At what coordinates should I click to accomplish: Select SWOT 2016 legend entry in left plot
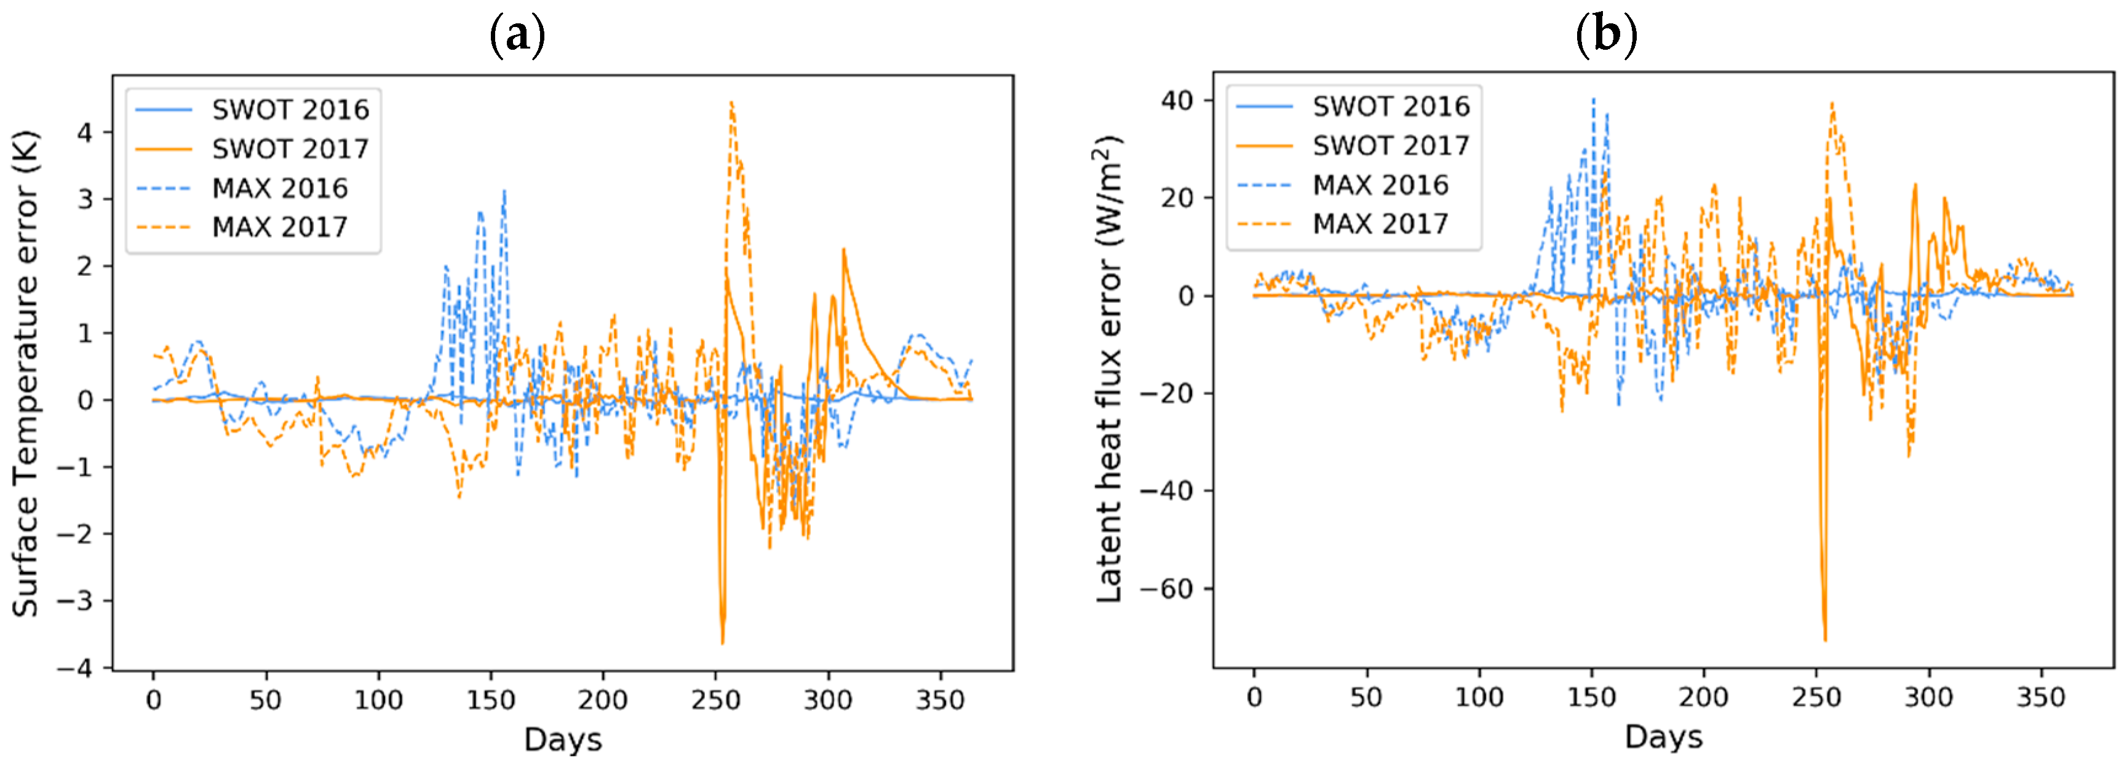290,110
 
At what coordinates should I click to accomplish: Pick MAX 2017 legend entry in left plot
279,227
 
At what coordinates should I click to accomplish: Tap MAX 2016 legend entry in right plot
1380,185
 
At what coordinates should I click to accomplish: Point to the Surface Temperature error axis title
26,373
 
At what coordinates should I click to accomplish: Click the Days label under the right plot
1663,737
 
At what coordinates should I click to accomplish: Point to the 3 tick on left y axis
85,200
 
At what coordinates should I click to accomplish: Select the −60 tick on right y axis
1167,589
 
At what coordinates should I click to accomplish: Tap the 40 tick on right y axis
1177,101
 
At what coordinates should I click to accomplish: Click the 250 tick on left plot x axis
715,700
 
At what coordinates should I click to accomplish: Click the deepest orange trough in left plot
723,642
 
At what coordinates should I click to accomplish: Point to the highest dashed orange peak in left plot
731,103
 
